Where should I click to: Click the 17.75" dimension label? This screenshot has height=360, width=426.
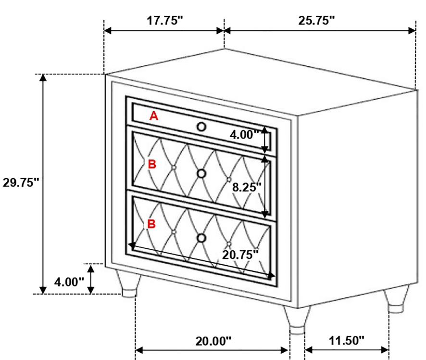click(x=165, y=20)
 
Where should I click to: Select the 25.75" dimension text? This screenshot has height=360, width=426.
click(x=317, y=20)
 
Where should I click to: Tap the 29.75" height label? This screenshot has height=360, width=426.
click(x=21, y=182)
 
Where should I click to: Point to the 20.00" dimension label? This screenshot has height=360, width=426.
click(x=213, y=341)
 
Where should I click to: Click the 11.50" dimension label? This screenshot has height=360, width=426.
click(x=346, y=340)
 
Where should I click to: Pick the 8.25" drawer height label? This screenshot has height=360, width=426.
click(x=247, y=187)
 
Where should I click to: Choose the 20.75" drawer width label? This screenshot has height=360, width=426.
click(x=240, y=255)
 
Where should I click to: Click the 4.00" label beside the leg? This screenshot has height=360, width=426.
click(x=69, y=282)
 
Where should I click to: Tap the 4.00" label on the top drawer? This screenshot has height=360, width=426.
click(x=245, y=134)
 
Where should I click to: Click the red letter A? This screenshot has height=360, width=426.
click(x=154, y=116)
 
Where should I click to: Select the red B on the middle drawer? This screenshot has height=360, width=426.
click(x=152, y=164)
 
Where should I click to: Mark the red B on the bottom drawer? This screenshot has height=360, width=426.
click(x=151, y=224)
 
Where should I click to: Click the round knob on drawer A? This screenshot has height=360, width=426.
click(x=201, y=127)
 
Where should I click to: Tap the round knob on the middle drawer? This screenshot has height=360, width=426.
click(x=201, y=173)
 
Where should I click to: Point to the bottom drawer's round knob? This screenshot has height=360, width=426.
click(x=201, y=238)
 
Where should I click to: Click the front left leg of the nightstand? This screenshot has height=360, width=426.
click(x=129, y=283)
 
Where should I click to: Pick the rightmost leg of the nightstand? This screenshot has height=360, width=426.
click(x=396, y=299)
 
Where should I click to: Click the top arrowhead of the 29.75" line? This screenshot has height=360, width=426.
click(x=43, y=77)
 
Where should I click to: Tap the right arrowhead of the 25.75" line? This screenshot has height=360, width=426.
click(x=412, y=30)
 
